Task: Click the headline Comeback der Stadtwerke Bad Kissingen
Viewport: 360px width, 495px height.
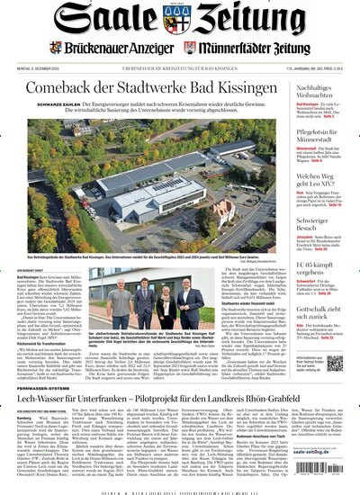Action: (x=148, y=88)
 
